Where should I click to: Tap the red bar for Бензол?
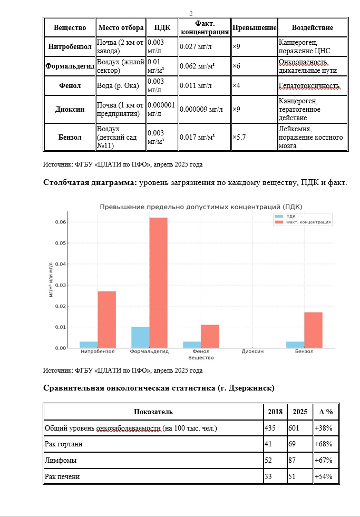tap(313, 330)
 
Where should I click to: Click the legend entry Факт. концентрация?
tap(308, 222)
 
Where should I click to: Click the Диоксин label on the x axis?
tap(252, 352)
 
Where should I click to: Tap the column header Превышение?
tap(255, 27)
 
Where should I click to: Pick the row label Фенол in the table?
tap(69, 85)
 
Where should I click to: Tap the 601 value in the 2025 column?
tap(294, 428)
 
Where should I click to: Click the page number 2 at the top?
tap(191, 13)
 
